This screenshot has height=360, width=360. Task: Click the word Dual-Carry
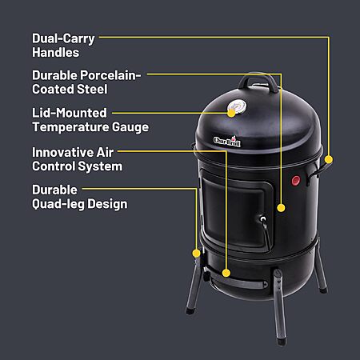(63, 39)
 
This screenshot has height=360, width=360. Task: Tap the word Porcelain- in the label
(110, 75)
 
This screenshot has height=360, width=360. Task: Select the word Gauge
(130, 127)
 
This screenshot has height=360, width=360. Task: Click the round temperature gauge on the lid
(237, 106)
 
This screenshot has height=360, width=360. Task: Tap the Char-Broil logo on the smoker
(227, 141)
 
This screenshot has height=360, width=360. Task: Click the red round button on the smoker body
(295, 181)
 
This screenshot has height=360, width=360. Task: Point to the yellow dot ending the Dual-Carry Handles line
(329, 159)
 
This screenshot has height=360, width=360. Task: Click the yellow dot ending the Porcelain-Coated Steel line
(281, 208)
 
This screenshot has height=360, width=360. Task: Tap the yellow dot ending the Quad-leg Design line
(196, 253)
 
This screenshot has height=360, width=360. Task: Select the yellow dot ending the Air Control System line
(226, 273)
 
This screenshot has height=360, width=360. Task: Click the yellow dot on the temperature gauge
(231, 113)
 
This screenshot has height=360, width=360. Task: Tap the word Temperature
(70, 127)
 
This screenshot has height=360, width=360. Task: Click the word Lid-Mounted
(70, 113)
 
